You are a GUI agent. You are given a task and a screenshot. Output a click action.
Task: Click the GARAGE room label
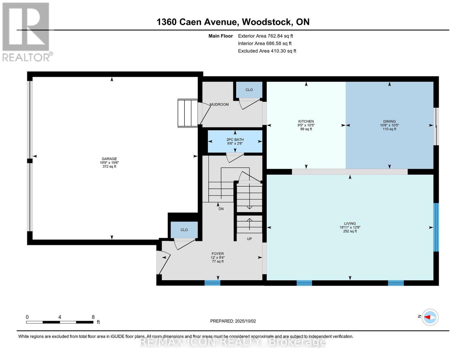(109, 159)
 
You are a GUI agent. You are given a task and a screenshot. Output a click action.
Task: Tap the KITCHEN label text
(306, 121)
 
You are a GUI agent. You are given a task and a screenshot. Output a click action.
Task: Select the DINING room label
(389, 121)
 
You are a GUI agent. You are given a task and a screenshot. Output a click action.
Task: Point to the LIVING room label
(350, 223)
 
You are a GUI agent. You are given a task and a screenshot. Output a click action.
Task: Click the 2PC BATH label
(235, 139)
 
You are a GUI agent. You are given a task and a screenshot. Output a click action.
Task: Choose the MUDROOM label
(219, 104)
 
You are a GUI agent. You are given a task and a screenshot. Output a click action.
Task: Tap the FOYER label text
(218, 254)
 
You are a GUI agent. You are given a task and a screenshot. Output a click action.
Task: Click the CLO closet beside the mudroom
(249, 90)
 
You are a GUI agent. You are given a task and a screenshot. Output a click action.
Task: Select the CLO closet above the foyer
(184, 230)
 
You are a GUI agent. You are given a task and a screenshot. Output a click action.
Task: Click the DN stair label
(221, 209)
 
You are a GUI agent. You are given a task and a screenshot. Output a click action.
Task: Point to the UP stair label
(249, 239)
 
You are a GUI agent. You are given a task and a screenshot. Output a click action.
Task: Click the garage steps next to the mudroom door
(187, 113)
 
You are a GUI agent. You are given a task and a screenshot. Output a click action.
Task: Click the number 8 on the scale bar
(93, 317)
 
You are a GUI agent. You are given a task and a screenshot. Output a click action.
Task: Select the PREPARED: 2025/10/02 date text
(233, 321)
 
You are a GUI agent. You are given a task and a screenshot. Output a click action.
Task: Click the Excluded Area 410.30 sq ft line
(267, 51)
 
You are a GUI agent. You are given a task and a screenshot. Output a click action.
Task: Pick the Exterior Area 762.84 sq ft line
(265, 36)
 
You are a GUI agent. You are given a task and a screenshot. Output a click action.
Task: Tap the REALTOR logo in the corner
(26, 31)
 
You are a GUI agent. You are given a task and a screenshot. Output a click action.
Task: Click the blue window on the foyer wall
(212, 283)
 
